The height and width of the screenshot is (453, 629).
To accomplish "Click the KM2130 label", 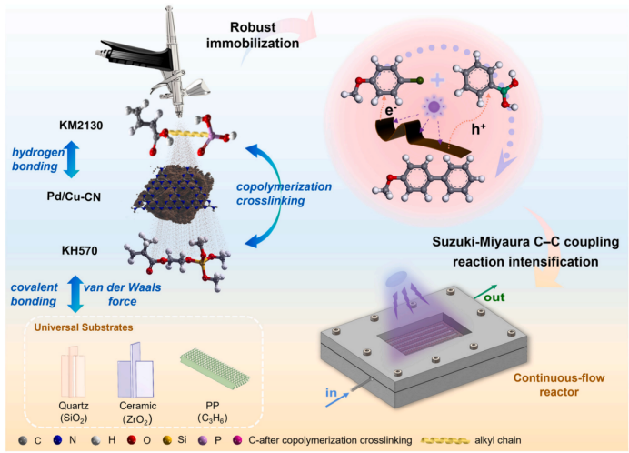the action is pos(81,126).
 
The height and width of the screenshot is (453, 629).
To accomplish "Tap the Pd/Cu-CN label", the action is pos(74,196).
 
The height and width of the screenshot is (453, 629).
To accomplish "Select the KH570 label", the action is pos(79,250).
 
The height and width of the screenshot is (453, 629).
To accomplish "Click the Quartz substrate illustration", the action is pos(73,371).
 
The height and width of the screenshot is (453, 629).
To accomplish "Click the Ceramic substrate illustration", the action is pos(135,370).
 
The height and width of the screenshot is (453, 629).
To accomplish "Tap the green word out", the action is pos(494,297).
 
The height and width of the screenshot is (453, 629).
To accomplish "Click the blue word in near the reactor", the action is pos(331,392).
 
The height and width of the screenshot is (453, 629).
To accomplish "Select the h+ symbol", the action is pos(479,129).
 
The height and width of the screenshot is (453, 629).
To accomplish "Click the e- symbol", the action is pos(391,110).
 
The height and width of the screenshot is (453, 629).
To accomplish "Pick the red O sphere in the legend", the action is pos(131,440).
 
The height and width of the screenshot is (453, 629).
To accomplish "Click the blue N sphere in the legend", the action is pos(58,440).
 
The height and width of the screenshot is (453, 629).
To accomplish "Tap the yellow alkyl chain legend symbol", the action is pos(444,440).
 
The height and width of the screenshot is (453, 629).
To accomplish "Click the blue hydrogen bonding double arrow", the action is pos(72,159).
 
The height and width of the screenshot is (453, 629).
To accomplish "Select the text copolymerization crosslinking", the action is pos(284,194).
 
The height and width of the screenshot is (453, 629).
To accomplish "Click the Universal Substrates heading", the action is pos(84,327).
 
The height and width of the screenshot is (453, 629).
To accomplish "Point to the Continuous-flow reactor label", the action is pos(559,385).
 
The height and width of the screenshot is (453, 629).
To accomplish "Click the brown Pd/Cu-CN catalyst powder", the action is pos(174,194).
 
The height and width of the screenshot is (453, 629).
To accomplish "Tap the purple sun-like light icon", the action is pos(434,106).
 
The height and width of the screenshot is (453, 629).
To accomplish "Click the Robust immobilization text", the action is pos(253,35).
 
